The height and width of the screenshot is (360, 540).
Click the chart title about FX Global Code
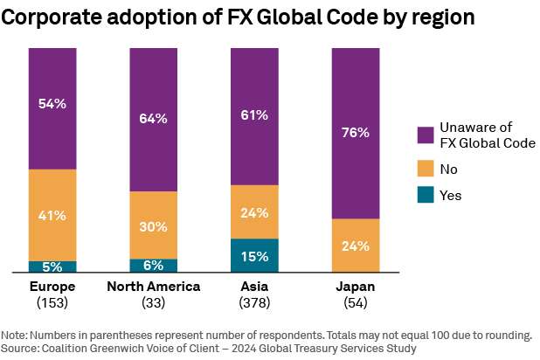[238, 18]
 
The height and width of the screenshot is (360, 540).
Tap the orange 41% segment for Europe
[52, 215]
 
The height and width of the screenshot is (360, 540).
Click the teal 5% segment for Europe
[52, 267]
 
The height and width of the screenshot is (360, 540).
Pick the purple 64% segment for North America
[153, 120]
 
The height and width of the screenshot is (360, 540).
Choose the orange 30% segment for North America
[153, 225]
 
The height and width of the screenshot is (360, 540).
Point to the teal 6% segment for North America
[153, 266]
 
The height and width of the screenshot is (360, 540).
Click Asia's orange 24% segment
[254, 211]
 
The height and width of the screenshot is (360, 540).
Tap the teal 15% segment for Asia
[254, 255]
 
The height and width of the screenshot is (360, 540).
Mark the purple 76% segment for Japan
[356, 133]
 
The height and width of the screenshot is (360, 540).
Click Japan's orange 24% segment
[356, 246]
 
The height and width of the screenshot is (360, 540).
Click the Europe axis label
[52, 287]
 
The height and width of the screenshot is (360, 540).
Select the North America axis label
[153, 287]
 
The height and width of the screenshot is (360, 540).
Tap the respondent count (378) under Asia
[254, 302]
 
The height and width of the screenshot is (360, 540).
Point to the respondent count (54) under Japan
[356, 302]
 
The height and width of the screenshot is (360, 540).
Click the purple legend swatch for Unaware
[426, 135]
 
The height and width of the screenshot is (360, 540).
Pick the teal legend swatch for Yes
[426, 196]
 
